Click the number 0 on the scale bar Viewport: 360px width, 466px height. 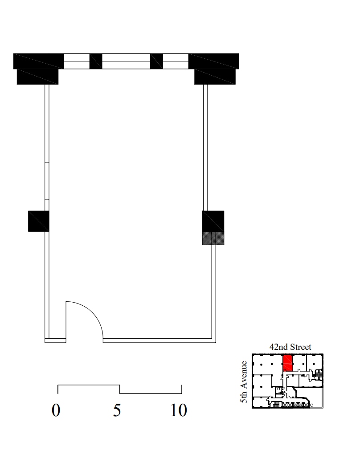pyautogui.click(x=56, y=410)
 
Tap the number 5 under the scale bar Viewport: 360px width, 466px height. pyautogui.click(x=117, y=410)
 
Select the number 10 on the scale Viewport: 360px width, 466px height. pyautogui.click(x=178, y=410)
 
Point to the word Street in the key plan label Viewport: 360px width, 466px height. pyautogui.click(x=301, y=347)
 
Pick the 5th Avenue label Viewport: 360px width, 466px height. pyautogui.click(x=244, y=381)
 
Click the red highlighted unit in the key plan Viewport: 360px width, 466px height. pyautogui.click(x=288, y=363)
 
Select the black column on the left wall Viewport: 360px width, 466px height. pyautogui.click(x=38, y=221)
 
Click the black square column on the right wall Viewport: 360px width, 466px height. pyautogui.click(x=213, y=221)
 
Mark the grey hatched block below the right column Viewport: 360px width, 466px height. pyautogui.click(x=213, y=238)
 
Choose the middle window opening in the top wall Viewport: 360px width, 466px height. pyautogui.click(x=126, y=61)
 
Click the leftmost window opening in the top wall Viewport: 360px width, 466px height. pyautogui.click(x=77, y=61)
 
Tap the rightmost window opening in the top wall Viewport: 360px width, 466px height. pyautogui.click(x=175, y=61)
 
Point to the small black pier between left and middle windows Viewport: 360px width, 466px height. pyautogui.click(x=96, y=61)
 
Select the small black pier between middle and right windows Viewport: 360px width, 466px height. pyautogui.click(x=156, y=61)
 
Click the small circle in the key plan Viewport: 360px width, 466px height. pyautogui.click(x=312, y=405)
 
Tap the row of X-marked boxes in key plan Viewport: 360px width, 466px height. pyautogui.click(x=295, y=405)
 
